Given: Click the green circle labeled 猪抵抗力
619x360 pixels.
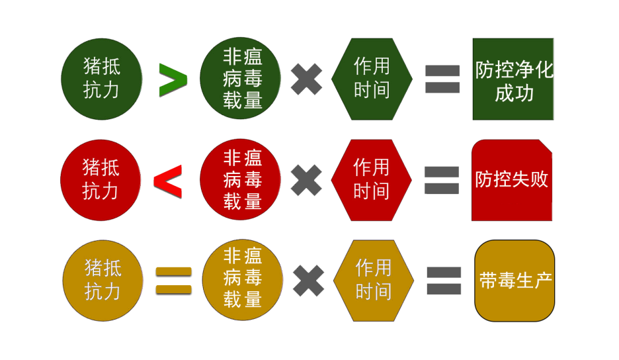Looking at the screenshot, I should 101,79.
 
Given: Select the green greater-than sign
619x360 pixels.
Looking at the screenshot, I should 173,80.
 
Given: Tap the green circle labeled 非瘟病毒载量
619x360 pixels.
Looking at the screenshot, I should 241,79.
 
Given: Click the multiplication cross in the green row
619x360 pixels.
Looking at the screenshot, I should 307,79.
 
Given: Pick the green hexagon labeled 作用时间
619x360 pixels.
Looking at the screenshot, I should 372,79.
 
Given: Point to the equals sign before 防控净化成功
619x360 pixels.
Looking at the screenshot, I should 442,79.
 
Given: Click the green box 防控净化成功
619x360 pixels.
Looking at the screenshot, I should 513,79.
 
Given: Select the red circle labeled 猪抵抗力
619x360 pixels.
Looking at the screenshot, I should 101,180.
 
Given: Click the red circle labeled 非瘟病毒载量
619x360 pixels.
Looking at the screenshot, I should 241,180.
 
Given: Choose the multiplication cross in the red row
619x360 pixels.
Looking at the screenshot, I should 307,180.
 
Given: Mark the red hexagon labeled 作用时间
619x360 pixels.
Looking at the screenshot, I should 371,180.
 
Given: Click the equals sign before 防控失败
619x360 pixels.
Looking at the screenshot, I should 441,180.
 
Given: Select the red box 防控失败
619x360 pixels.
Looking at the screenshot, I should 512,180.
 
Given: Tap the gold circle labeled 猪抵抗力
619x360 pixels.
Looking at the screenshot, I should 103,280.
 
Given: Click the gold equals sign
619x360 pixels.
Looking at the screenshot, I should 173,280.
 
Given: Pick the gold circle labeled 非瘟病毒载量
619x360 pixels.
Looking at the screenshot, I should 242,280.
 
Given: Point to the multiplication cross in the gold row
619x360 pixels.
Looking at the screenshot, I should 308,280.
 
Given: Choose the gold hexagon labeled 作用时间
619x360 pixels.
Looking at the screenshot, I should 373,280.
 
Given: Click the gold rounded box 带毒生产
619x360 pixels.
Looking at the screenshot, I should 515,281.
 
